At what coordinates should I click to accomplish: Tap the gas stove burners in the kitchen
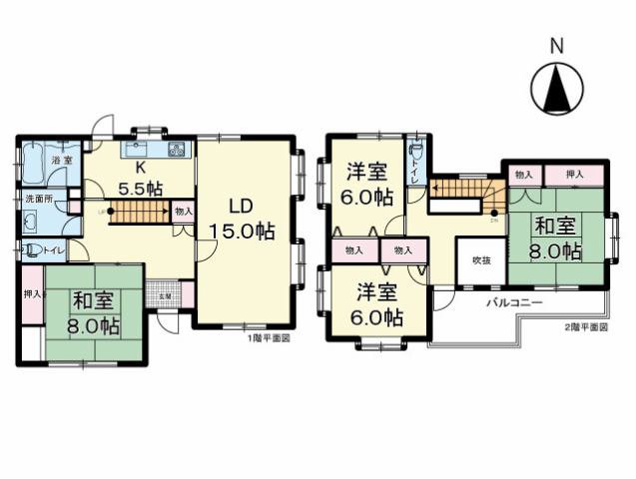click(x=178, y=152)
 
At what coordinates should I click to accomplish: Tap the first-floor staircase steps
click(x=137, y=211)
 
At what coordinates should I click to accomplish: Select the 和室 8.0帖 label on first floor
click(x=95, y=311)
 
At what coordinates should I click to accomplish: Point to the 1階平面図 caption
click(x=268, y=338)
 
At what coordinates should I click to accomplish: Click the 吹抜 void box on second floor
click(x=481, y=260)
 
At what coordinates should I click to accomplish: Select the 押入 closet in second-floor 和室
click(x=575, y=175)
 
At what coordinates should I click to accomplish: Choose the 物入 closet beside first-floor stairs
click(x=183, y=211)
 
